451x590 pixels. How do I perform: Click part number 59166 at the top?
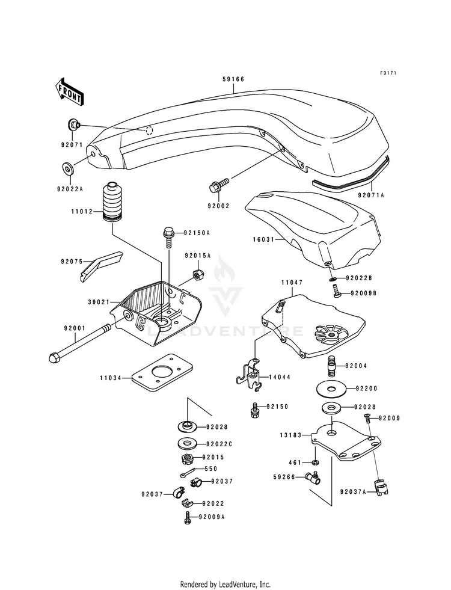coord(233,79)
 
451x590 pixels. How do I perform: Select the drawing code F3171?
coord(388,73)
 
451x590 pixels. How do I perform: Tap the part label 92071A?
coord(371,195)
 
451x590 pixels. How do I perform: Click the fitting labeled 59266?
coord(313,478)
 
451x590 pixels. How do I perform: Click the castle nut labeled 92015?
coord(187,458)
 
